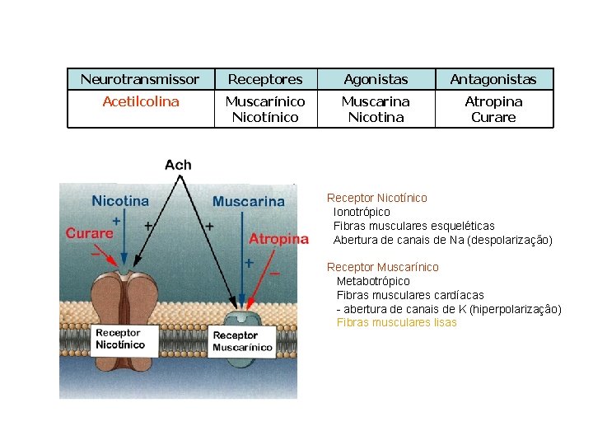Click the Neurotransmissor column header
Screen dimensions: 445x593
click(140, 79)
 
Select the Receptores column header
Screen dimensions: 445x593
click(265, 79)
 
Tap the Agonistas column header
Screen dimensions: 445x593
click(376, 79)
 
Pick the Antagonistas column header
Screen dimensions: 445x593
click(493, 79)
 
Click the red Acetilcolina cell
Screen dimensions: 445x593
click(140, 101)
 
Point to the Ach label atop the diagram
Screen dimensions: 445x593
click(178, 165)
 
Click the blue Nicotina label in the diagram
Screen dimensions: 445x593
click(120, 200)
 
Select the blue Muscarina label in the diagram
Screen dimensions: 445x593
click(249, 201)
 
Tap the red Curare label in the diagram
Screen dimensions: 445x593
click(89, 233)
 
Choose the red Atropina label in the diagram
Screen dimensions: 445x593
click(278, 239)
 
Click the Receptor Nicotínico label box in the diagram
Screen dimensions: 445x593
click(119, 339)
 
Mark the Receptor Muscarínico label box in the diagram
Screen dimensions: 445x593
click(242, 341)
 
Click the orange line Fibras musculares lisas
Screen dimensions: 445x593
click(396, 322)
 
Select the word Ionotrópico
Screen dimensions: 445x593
click(362, 212)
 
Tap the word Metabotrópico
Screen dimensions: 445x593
click(373, 281)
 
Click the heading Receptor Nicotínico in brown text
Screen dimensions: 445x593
click(376, 198)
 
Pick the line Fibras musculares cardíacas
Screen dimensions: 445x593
click(410, 295)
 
